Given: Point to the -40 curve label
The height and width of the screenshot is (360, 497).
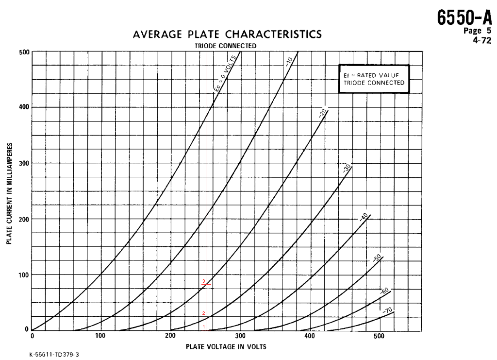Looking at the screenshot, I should pyautogui.click(x=364, y=217).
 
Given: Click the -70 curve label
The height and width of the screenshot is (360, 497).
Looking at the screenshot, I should pyautogui.click(x=387, y=310).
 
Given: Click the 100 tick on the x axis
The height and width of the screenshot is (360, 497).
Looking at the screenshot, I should pyautogui.click(x=100, y=336).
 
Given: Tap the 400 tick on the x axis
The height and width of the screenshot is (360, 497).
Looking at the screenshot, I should pyautogui.click(x=309, y=336).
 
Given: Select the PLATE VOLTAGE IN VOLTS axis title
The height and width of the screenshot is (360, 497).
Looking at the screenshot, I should pyautogui.click(x=226, y=347).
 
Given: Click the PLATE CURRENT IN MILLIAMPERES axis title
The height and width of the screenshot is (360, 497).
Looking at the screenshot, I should pyautogui.click(x=9, y=193).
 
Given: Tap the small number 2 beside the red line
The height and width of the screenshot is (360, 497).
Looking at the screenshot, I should pyautogui.click(x=203, y=313).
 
